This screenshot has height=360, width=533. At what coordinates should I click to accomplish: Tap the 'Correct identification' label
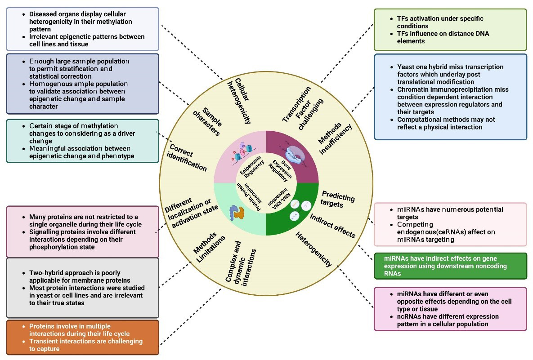[188, 158]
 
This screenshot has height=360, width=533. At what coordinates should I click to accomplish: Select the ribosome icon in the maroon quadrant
[294, 153]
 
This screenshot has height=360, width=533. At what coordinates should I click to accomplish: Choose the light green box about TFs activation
[450, 29]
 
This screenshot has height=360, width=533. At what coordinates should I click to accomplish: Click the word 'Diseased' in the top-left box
[43, 14]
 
